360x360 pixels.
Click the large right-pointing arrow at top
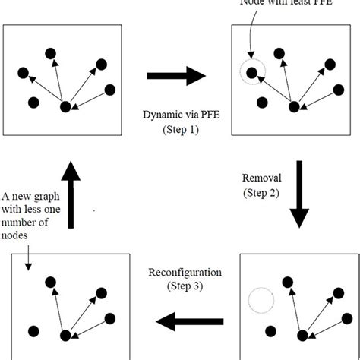[175, 74]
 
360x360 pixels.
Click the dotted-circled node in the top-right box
[252, 74]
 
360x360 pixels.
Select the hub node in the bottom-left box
[66, 335]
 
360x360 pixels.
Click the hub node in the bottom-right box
[303, 335]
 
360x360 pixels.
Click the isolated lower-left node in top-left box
[33, 102]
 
